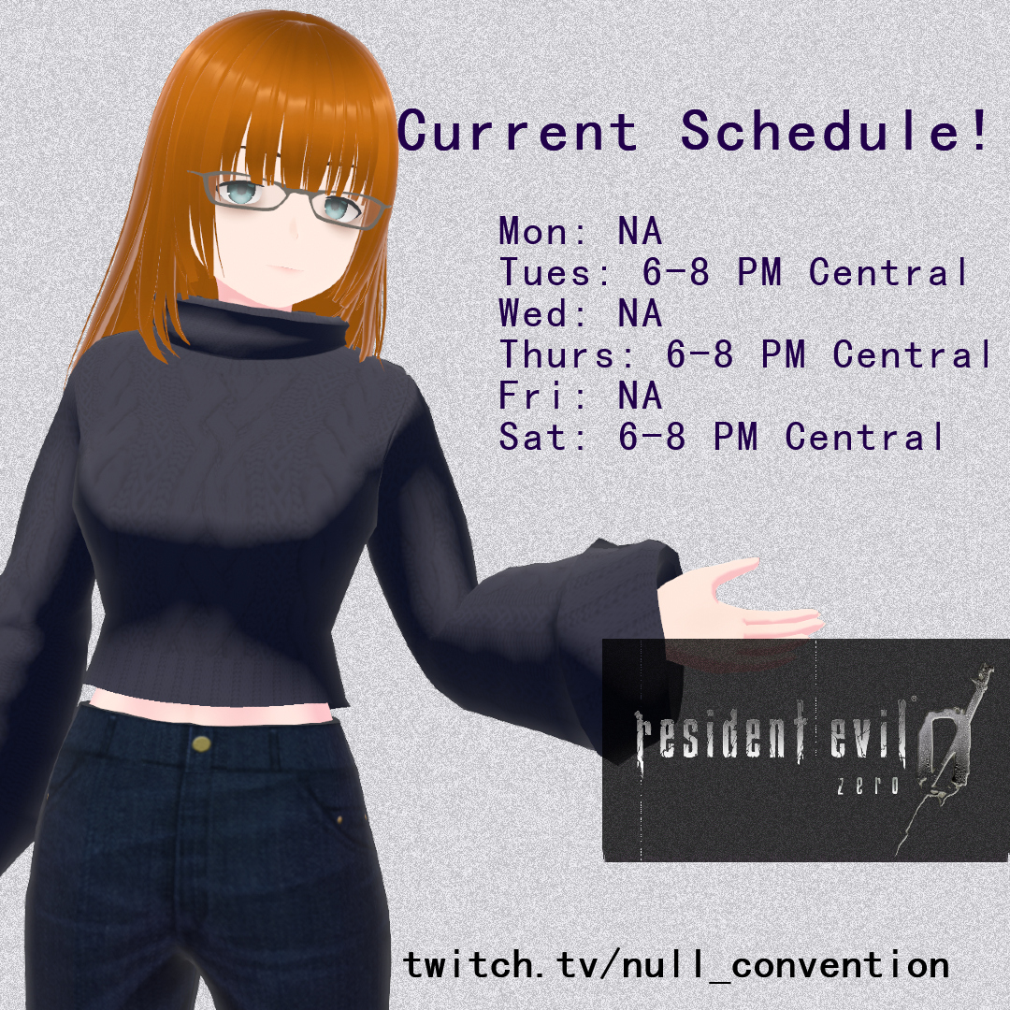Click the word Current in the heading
point(518,131)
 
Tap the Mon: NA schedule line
point(581,231)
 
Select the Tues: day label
point(556,272)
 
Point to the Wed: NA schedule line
point(581,313)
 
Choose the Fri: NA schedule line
point(581,396)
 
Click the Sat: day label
point(544,437)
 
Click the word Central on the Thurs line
point(912,354)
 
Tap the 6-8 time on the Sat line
point(652,437)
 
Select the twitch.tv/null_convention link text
point(676,965)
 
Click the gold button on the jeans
point(201,744)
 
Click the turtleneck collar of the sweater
point(258,326)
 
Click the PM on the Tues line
point(759,272)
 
